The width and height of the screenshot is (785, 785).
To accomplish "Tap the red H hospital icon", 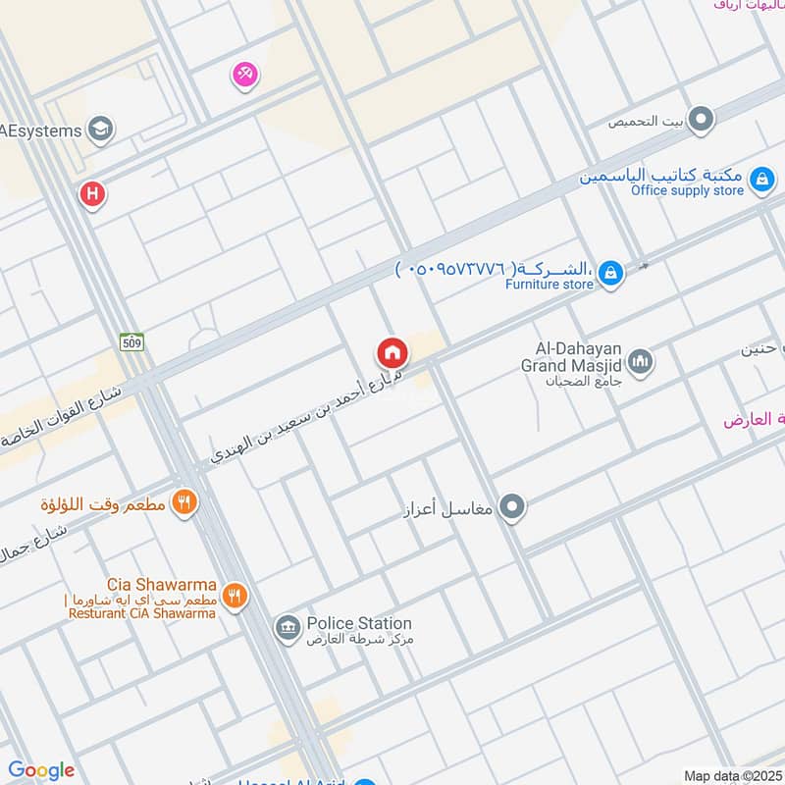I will [92, 194].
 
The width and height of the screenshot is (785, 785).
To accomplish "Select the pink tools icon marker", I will [244, 74].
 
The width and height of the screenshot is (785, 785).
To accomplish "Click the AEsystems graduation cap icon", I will [100, 129].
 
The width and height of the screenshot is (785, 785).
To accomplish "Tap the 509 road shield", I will [132, 341].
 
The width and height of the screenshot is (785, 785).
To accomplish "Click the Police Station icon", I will [288, 627].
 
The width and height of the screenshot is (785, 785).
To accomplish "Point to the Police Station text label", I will [359, 623].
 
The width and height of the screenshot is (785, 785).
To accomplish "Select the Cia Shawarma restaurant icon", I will [234, 594].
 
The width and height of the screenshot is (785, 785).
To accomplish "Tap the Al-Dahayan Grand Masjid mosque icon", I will [641, 363].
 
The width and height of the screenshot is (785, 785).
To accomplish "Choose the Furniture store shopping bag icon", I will [610, 273].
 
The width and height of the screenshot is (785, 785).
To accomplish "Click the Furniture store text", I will [549, 285].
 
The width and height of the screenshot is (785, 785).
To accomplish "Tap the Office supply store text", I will [687, 191].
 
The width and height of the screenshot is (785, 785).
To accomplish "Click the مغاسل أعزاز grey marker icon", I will [511, 507].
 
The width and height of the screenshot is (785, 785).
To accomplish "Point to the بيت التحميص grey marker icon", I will [701, 121].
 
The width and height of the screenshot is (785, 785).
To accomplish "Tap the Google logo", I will [41, 770].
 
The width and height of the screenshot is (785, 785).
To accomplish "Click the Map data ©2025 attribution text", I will [731, 775].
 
